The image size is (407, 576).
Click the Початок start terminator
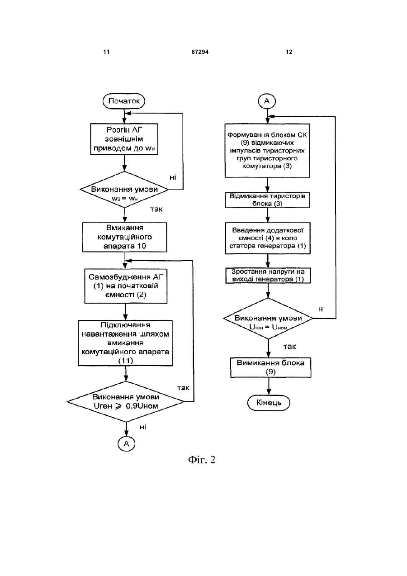pos(123,101)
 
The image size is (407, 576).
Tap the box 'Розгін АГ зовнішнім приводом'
pos(124,139)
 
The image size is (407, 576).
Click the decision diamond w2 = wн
pos(124,190)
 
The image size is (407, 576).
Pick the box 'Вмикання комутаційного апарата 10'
pos(125,237)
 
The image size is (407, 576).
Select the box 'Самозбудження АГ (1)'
pos(126,286)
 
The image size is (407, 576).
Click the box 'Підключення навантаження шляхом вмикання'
pos(125,343)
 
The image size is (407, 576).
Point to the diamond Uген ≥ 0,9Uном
pos(126,401)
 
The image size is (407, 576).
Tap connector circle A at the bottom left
pos(126,443)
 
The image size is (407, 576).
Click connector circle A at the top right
pos(267,101)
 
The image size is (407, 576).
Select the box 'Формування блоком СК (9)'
pos(267,150)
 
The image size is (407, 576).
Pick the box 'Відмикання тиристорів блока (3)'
pos(267,200)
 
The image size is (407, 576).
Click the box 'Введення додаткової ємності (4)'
pos(268,238)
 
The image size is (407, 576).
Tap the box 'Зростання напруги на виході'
pos(268,276)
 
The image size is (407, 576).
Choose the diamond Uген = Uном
pos(268,319)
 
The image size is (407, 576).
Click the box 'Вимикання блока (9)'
pos(270,367)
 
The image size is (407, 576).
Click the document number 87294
pos(200,52)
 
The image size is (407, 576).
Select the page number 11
pos(106,52)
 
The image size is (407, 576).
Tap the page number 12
pos(289,52)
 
